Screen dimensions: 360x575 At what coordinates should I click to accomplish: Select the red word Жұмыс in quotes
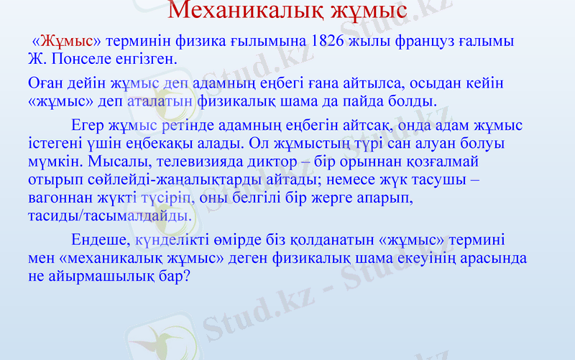click(x=71, y=40)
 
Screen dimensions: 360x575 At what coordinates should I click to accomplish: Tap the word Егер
click(x=91, y=126)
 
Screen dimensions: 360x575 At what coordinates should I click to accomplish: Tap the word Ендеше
click(x=100, y=241)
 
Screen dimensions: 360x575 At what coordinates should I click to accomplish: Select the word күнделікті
click(x=175, y=241)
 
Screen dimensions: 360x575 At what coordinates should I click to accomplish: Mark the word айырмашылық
click(x=97, y=274)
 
